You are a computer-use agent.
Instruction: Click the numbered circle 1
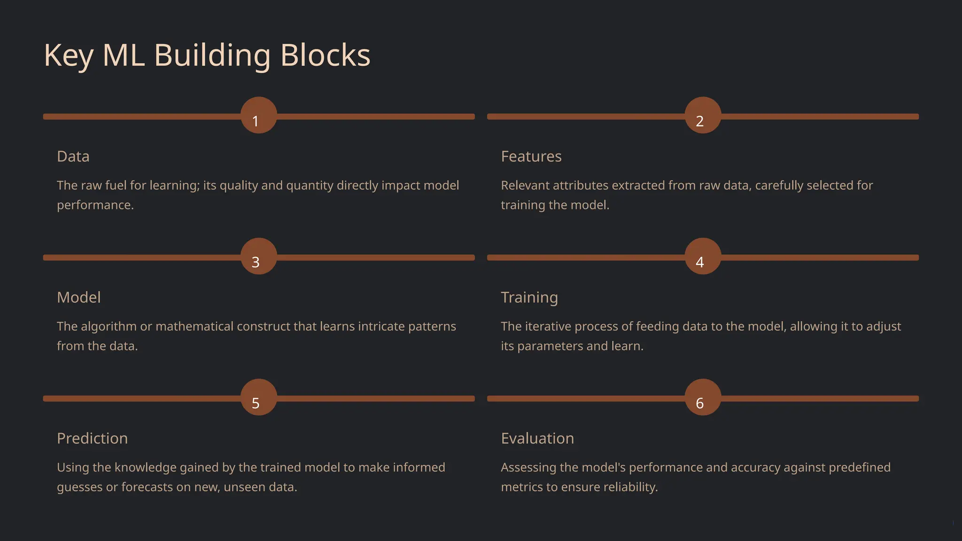pyautogui.click(x=259, y=116)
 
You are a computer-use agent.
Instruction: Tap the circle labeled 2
pyautogui.click(x=703, y=116)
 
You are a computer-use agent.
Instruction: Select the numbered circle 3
pyautogui.click(x=259, y=256)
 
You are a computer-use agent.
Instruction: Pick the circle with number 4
pyautogui.click(x=703, y=256)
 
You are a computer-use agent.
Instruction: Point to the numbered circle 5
pyautogui.click(x=259, y=397)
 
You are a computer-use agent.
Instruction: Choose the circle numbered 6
pyautogui.click(x=703, y=397)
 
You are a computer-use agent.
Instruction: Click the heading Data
pyautogui.click(x=73, y=156)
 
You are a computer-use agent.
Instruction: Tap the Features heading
pyautogui.click(x=531, y=156)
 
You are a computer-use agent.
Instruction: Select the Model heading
pyautogui.click(x=78, y=297)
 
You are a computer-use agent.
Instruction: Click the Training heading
pyautogui.click(x=529, y=297)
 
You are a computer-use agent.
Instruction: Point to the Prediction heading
pyautogui.click(x=92, y=438)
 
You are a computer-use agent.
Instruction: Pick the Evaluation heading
pyautogui.click(x=537, y=438)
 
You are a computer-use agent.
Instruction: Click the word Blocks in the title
pyautogui.click(x=325, y=55)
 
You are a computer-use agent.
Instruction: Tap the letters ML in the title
pyautogui.click(x=124, y=55)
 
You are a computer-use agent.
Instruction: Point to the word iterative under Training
pyautogui.click(x=548, y=326)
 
